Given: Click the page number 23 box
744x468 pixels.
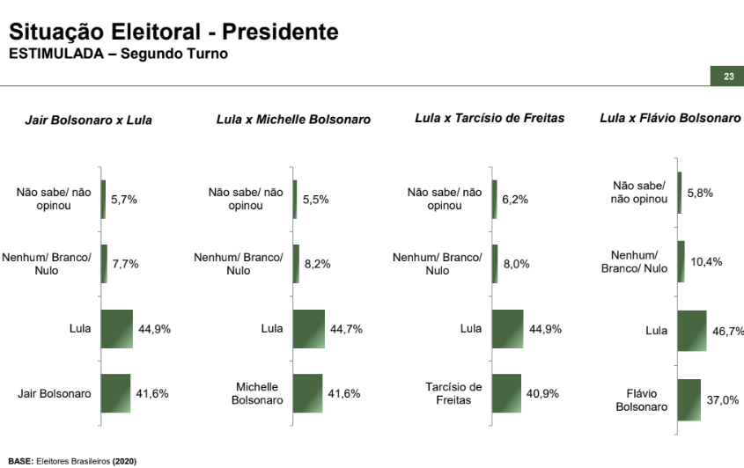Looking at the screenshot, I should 728,77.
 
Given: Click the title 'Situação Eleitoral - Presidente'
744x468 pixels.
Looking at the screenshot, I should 173,32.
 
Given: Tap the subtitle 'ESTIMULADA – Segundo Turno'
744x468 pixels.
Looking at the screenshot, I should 118,54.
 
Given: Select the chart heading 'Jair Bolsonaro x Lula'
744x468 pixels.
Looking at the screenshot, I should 88,120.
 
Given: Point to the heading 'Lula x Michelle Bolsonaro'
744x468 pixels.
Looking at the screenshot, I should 293,119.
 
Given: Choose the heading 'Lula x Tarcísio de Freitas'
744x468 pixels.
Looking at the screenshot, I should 490,118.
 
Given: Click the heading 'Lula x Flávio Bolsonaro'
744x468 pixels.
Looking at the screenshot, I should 670,118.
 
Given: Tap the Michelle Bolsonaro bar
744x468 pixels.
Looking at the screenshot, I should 307,393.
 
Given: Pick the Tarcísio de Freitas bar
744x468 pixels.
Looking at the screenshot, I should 506,393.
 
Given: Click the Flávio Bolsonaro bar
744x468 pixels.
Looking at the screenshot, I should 689,399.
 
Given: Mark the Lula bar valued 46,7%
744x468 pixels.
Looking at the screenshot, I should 691,331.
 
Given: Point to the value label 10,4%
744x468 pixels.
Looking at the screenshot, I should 705,261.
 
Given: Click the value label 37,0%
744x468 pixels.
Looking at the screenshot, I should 722,399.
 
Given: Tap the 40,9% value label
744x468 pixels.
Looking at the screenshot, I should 542,393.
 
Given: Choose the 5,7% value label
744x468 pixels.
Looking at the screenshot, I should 123,200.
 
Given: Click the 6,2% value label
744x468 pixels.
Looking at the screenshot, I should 515,200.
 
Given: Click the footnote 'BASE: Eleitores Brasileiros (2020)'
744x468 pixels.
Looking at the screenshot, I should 72,461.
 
